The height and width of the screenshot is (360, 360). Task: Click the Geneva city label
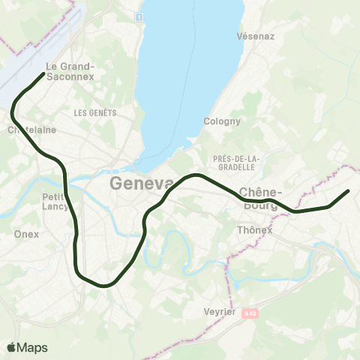142,184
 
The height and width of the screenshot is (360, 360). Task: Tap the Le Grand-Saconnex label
69,70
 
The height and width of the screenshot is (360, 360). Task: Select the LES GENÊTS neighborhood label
95,112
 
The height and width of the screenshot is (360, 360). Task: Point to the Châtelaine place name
31,130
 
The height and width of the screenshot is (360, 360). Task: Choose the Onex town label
26,234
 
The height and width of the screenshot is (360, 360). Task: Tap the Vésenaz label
252,35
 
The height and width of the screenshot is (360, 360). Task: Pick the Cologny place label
222,121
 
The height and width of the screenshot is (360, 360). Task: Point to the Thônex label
254,229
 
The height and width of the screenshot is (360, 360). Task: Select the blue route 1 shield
139,16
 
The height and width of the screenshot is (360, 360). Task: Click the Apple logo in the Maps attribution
12,347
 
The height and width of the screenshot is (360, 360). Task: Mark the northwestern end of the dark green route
41,73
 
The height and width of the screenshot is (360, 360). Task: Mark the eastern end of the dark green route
348,191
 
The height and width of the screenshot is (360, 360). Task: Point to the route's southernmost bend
105,285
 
